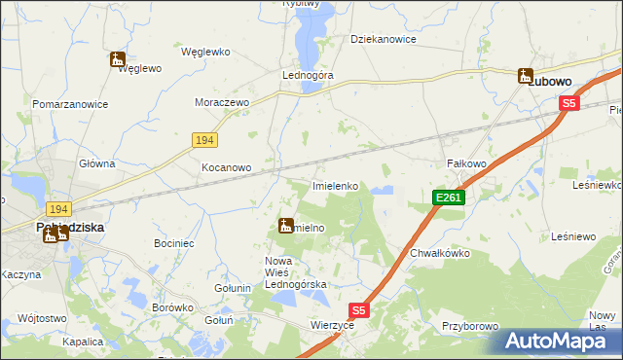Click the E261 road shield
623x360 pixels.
(449, 198)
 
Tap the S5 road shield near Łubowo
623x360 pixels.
(569, 103)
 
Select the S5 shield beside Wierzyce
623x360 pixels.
(359, 310)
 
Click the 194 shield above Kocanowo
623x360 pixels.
(203, 141)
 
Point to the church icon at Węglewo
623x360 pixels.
(118, 60)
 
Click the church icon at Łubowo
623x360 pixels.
(526, 75)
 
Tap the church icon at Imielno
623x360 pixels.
(285, 226)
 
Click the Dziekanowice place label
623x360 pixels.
(384, 40)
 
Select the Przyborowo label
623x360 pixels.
(469, 327)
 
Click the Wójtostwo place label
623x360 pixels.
(42, 318)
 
